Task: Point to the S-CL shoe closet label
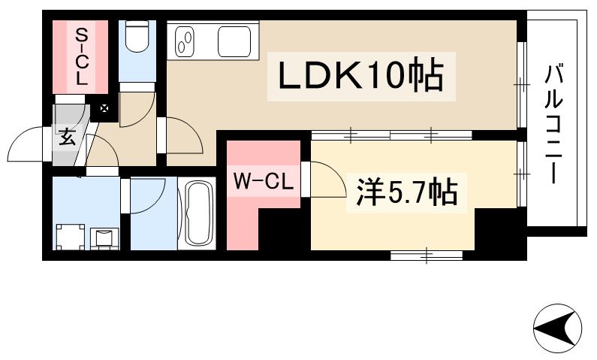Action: pyautogui.click(x=80, y=56)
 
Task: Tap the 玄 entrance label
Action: pyautogui.click(x=67, y=137)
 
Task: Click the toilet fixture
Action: pyautogui.click(x=137, y=38)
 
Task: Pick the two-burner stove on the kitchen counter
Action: pyautogui.click(x=185, y=41)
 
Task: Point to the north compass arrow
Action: pyautogui.click(x=557, y=328)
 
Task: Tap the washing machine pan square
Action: pyautogui.click(x=71, y=237)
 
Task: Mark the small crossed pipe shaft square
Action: pyautogui.click(x=104, y=109)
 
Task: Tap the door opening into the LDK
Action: pyautogui.click(x=182, y=135)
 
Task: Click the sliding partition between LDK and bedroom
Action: pyautogui.click(x=390, y=136)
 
